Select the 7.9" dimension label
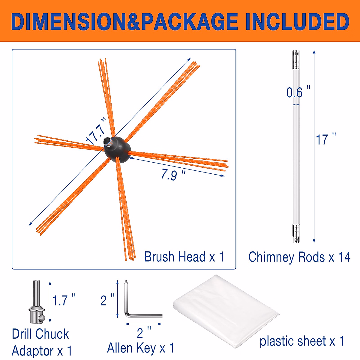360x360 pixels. click(x=173, y=174)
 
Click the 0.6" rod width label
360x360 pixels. click(x=298, y=92)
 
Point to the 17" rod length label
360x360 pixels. click(x=326, y=140)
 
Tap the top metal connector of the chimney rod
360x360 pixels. click(x=296, y=59)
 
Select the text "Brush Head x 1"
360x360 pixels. click(x=184, y=257)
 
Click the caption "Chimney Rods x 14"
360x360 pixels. click(x=299, y=257)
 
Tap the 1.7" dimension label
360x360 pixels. click(x=64, y=300)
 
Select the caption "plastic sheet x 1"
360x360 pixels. click(x=302, y=341)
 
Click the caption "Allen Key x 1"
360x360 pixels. click(x=140, y=348)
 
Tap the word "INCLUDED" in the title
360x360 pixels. click(x=297, y=22)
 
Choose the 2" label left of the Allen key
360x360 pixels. click(x=107, y=300)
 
